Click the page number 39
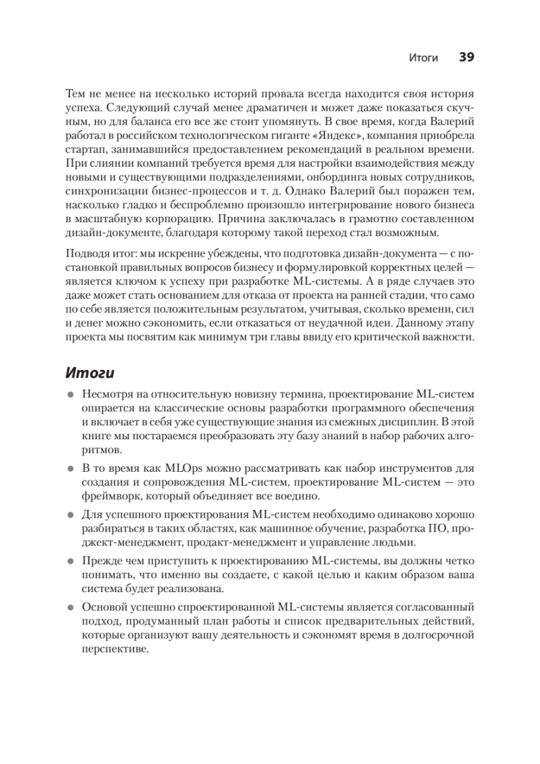coord(466,57)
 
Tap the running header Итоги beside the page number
coord(424,58)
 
